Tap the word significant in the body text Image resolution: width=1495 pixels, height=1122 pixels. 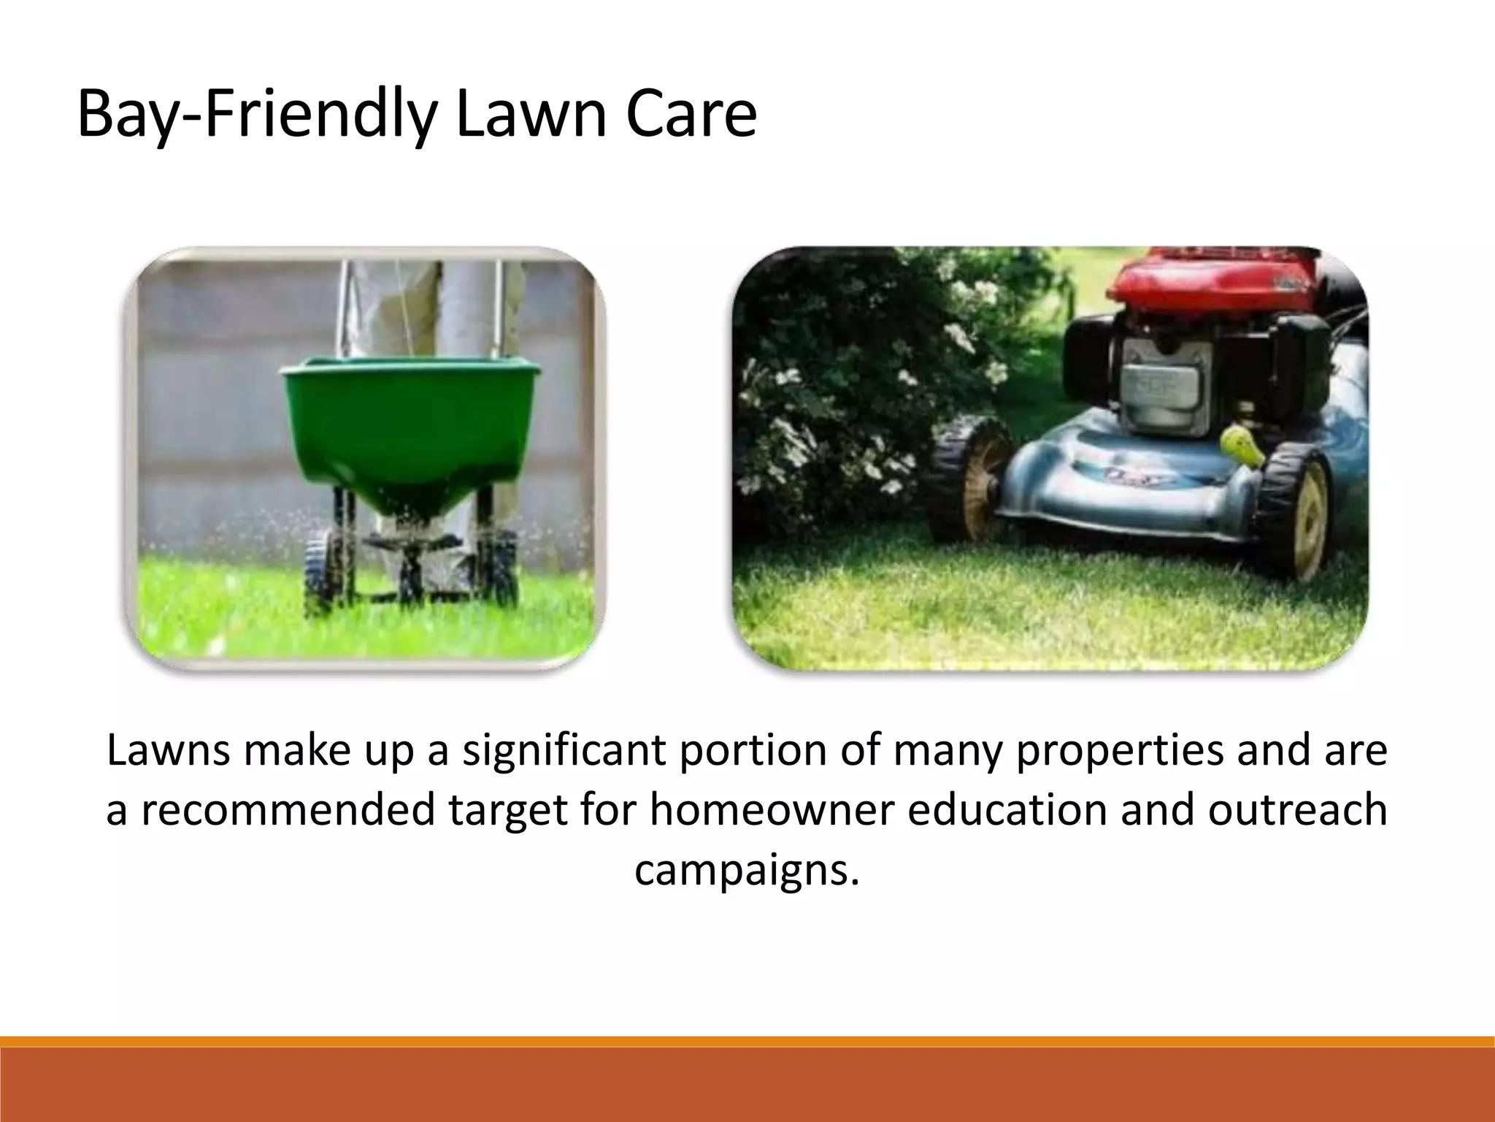click(565, 752)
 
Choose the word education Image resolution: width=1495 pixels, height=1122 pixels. click(1007, 811)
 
